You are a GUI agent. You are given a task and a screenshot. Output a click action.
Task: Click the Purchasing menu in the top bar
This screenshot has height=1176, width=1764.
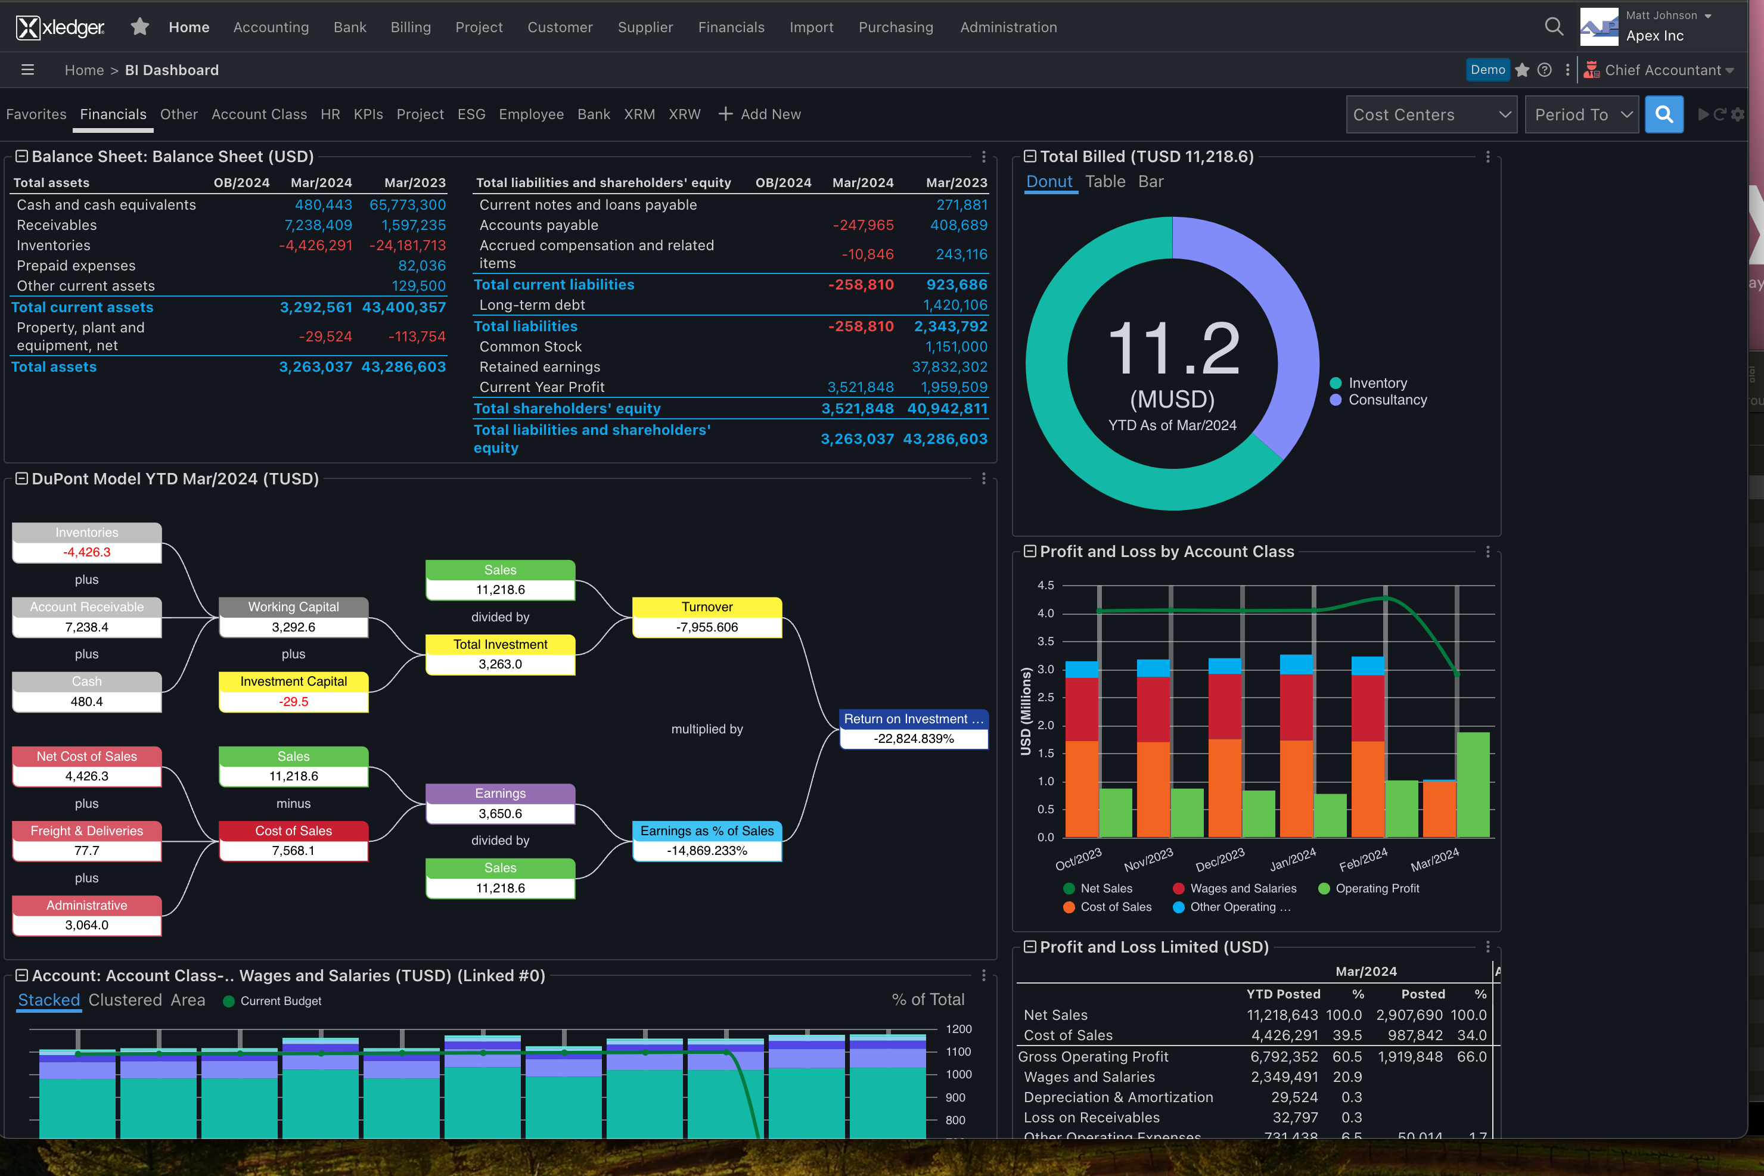pyautogui.click(x=895, y=27)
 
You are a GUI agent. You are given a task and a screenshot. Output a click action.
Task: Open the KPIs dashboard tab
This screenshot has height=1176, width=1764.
pyautogui.click(x=368, y=114)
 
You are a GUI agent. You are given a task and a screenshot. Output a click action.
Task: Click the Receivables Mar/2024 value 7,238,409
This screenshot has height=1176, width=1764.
pyautogui.click(x=318, y=225)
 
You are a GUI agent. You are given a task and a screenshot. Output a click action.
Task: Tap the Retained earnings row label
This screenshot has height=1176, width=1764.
pyautogui.click(x=539, y=367)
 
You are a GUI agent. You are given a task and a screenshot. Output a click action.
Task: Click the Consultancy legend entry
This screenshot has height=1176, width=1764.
pyautogui.click(x=1387, y=400)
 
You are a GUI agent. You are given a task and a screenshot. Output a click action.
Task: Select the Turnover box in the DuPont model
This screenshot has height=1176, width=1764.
pyautogui.click(x=707, y=617)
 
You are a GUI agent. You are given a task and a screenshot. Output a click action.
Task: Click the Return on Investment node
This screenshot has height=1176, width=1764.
pyautogui.click(x=913, y=728)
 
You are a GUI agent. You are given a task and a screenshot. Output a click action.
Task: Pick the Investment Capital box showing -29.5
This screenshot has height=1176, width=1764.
pyautogui.click(x=293, y=690)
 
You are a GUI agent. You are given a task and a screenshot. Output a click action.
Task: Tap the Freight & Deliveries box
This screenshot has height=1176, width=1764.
pyautogui.click(x=87, y=840)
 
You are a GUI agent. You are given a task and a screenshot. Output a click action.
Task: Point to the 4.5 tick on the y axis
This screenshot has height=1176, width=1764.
pyautogui.click(x=1045, y=585)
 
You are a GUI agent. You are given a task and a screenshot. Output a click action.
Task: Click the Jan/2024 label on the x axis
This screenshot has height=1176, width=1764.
pyautogui.click(x=1292, y=860)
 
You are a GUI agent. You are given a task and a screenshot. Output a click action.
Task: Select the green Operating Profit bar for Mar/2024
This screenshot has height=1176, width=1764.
pyautogui.click(x=1472, y=784)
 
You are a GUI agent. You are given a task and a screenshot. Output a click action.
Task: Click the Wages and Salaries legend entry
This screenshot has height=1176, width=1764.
pyautogui.click(x=1242, y=888)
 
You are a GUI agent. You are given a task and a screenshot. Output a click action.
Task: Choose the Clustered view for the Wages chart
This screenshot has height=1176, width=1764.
pyautogui.click(x=125, y=1000)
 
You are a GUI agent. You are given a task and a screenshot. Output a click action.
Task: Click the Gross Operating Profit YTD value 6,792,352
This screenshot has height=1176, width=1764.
pyautogui.click(x=1283, y=1056)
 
